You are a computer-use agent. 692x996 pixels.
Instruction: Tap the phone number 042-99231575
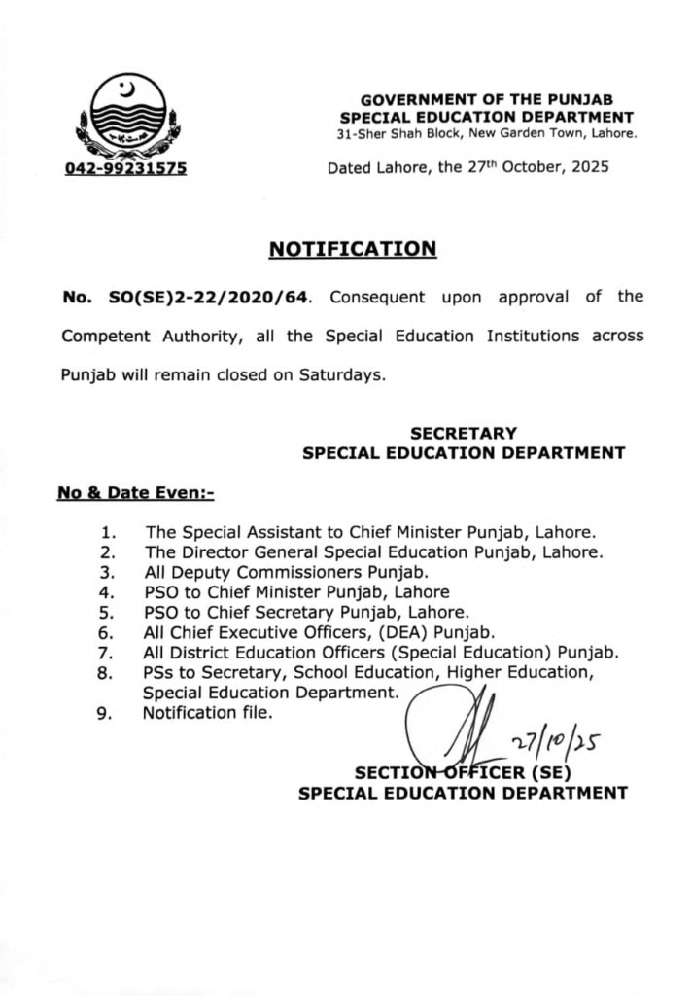tap(126, 168)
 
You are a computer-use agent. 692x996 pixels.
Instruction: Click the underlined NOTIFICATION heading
tap(352, 249)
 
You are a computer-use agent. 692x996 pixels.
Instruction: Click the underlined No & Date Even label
tap(135, 493)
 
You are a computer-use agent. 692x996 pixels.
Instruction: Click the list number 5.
tap(110, 613)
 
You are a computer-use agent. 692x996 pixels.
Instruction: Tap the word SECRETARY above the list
tap(464, 433)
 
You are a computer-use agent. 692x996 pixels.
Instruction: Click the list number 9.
tap(110, 714)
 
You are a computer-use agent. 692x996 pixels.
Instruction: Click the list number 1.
tap(110, 532)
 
